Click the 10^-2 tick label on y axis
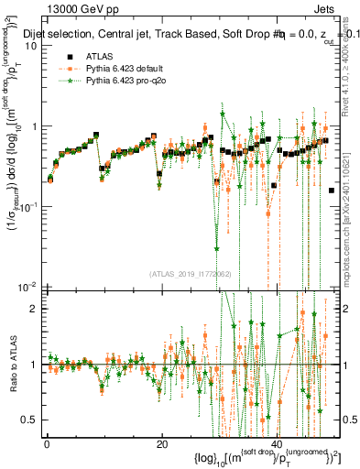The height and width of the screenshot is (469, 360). [27, 286]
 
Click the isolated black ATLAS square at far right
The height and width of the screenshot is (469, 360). [332, 190]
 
